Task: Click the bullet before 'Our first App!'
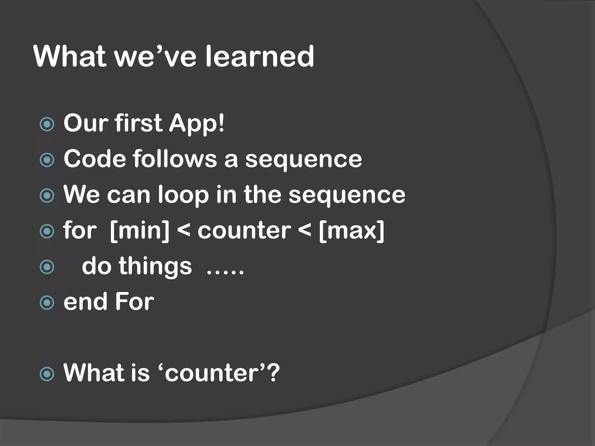click(x=47, y=124)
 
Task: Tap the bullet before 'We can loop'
click(x=47, y=195)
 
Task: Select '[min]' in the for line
click(x=140, y=231)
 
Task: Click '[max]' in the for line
click(x=352, y=231)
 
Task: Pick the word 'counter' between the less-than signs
click(x=244, y=231)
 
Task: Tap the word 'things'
click(x=155, y=267)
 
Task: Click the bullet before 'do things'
click(x=47, y=267)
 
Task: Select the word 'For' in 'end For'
click(x=135, y=302)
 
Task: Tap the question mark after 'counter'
click(x=273, y=373)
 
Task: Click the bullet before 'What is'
click(x=47, y=374)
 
